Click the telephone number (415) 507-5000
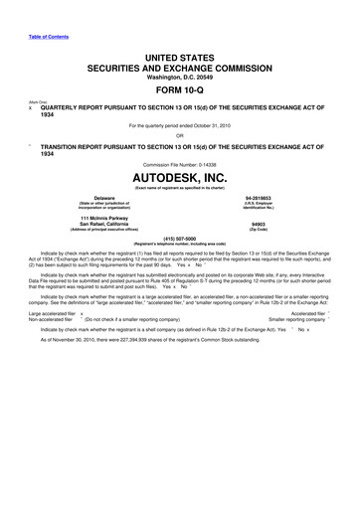180,239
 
